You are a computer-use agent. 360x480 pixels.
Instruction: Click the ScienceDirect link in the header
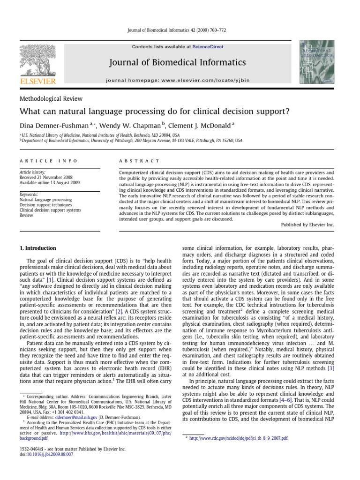[206, 47]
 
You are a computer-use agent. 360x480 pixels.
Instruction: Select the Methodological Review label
[51, 99]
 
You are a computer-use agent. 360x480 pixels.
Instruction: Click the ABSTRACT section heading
[139, 161]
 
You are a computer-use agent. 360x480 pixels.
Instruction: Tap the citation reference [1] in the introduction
[50, 279]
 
